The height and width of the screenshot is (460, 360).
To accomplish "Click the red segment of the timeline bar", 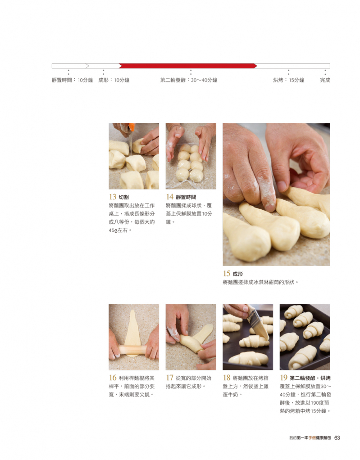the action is coord(188,66).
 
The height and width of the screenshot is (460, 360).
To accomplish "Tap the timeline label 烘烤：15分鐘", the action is coord(289,80).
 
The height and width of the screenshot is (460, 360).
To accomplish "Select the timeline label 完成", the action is coord(325,80).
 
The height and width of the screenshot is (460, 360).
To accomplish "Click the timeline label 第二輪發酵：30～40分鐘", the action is coord(188,80).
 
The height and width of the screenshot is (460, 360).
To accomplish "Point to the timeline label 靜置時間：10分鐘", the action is coord(72,80).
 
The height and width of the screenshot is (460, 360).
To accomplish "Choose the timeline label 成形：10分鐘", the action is coord(114,80).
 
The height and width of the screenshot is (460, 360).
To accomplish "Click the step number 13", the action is coord(113,197).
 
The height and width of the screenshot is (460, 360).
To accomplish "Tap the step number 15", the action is coord(226,273).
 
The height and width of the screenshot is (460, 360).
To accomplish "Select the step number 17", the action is coord(169,378).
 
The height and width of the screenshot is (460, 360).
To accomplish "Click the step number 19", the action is coord(283,378).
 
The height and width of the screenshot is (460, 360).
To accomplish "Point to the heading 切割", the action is coord(123,197).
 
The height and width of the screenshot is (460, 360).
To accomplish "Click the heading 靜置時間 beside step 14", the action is coord(186,197).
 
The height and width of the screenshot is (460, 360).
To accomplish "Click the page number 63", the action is coord(337,437).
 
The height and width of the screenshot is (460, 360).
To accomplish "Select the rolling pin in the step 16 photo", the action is coord(132,350).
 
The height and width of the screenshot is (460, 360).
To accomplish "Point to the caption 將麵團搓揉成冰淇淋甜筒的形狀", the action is coord(259,282).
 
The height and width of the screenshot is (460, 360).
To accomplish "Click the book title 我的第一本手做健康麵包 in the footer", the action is coord(310,438).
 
